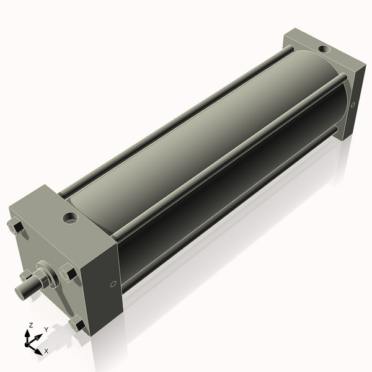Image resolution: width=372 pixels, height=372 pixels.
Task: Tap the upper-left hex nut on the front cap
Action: click(x=17, y=228)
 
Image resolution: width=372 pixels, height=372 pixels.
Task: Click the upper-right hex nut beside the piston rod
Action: click(x=68, y=272)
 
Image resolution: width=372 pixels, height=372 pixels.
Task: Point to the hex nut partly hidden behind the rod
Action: click(x=26, y=275)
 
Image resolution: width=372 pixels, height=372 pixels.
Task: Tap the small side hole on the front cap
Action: click(x=112, y=285)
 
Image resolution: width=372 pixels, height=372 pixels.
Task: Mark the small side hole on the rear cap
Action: click(x=353, y=105)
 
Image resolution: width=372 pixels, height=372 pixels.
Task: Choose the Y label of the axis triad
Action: click(x=46, y=330)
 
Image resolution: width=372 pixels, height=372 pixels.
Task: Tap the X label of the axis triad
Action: click(x=46, y=351)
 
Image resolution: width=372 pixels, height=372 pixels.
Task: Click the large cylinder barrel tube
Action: click(x=205, y=143)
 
